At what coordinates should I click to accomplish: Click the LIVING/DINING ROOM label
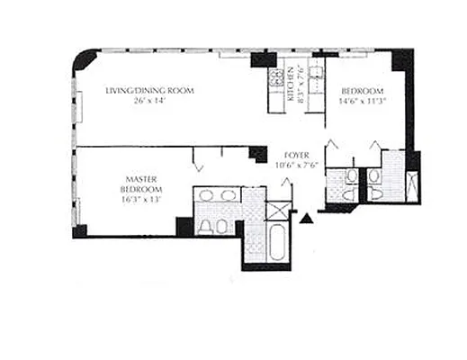tap(150, 91)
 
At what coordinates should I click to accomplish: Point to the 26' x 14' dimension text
tap(150, 102)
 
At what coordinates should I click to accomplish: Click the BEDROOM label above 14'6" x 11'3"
tap(363, 91)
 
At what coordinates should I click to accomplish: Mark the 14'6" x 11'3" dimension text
tap(363, 102)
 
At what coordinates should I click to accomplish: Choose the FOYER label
tap(298, 154)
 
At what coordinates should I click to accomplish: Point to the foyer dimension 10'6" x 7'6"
tap(298, 165)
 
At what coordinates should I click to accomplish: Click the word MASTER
tap(141, 179)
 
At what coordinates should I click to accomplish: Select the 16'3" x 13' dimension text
tap(141, 200)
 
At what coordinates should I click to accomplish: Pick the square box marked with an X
tap(280, 211)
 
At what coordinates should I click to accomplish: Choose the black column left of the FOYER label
tap(259, 154)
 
